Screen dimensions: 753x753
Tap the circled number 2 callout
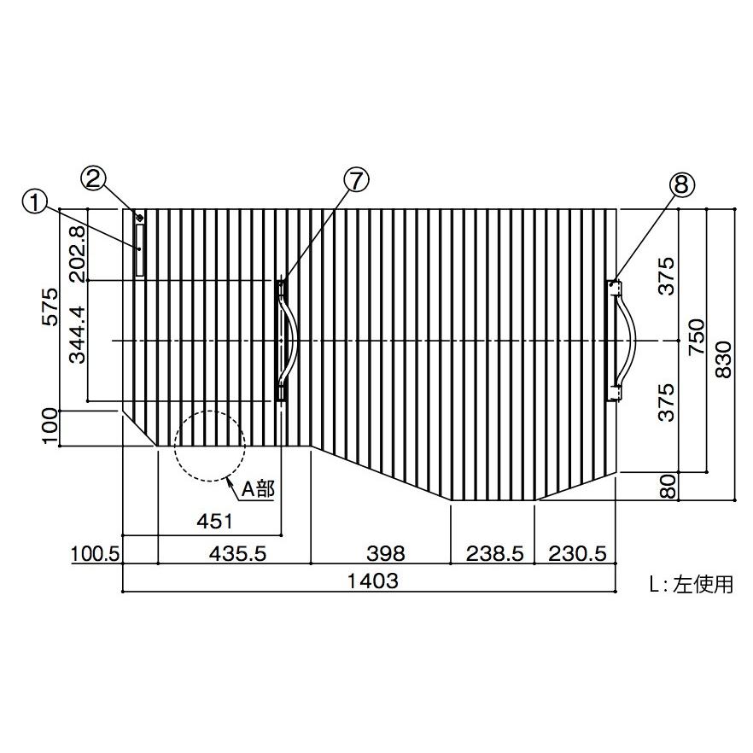(x=93, y=178)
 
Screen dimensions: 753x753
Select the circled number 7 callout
(x=357, y=181)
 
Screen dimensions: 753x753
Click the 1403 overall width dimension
(x=372, y=581)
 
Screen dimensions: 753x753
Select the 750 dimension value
(x=696, y=336)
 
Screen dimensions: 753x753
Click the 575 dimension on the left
(x=50, y=307)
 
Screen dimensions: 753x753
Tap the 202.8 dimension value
(x=78, y=254)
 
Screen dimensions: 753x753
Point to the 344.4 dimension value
(x=78, y=335)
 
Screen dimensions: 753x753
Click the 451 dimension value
(x=214, y=521)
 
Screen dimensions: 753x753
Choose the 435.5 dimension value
(x=237, y=554)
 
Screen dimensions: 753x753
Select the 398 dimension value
(x=386, y=554)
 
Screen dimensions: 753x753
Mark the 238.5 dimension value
(x=494, y=554)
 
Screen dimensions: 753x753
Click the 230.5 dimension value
(x=578, y=554)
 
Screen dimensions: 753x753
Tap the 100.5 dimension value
(x=95, y=554)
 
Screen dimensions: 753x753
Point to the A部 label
(x=259, y=489)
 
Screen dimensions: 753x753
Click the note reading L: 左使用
(x=692, y=585)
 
